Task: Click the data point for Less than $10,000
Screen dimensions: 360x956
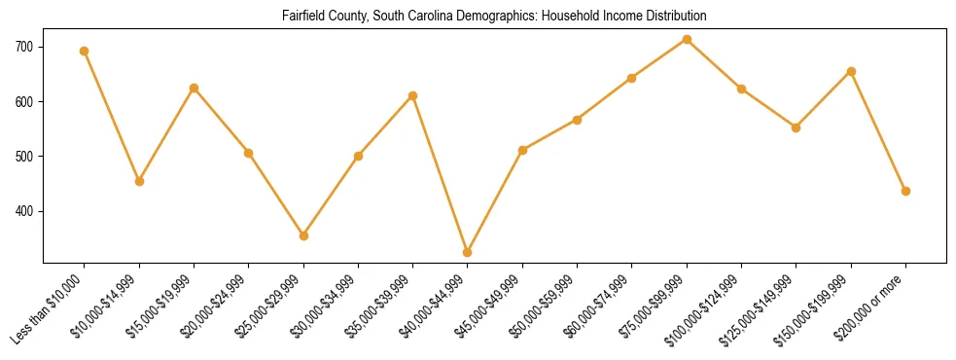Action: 85,51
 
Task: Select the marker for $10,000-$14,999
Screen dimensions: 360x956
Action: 139,181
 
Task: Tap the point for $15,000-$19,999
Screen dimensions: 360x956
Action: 195,88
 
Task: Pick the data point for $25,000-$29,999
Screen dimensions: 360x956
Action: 303,235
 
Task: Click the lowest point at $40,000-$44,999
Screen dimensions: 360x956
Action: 468,252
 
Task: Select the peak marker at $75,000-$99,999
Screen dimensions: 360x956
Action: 687,39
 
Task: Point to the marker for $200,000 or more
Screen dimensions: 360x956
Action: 905,191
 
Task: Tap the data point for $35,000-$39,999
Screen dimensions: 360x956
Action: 413,95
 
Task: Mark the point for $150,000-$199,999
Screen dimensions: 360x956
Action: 851,71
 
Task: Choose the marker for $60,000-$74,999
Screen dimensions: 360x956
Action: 632,78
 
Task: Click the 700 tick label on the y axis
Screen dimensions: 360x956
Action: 24,47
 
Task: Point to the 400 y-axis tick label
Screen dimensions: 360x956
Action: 24,211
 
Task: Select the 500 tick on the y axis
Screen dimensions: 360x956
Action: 24,157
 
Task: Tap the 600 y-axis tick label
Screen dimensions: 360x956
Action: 24,102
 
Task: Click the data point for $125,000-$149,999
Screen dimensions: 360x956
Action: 796,127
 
